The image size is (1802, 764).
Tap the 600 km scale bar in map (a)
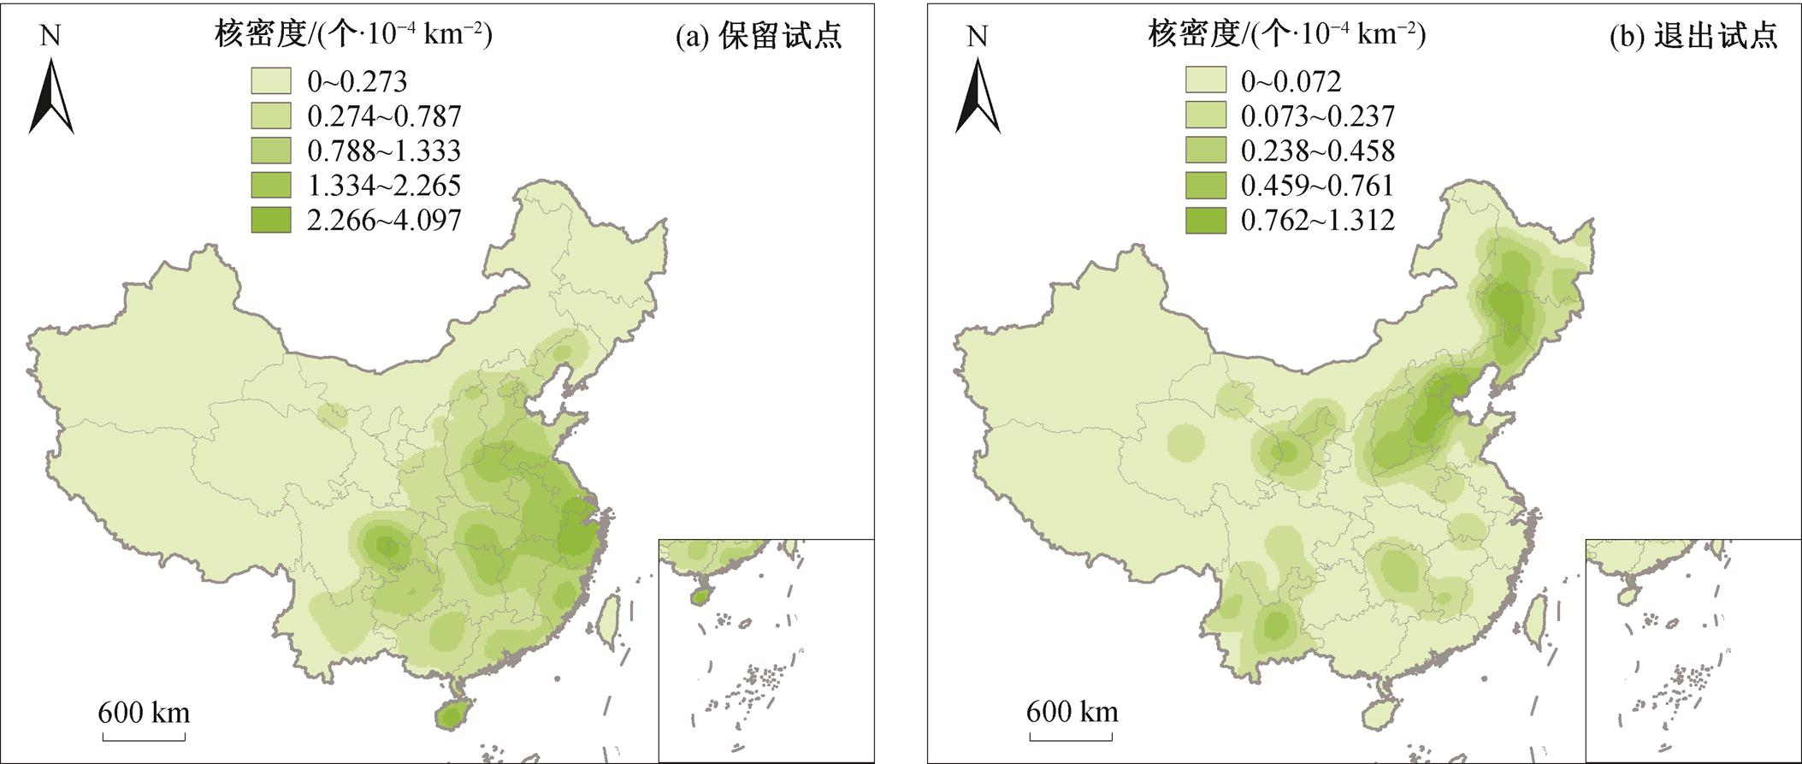[144, 735]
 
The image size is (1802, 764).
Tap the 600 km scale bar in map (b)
[1072, 735]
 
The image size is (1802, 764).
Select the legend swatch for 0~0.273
[270, 80]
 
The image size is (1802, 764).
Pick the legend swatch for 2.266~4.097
[270, 220]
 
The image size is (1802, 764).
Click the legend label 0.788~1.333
[384, 151]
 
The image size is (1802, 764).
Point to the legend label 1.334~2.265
[384, 186]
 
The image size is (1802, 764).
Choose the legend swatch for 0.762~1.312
[1205, 220]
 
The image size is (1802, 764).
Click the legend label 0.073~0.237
[1318, 115]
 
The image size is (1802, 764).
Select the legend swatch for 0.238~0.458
[1205, 151]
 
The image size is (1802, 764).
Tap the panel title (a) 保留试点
[759, 36]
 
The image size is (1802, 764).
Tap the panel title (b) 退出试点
[1693, 36]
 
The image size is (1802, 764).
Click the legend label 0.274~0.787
[384, 115]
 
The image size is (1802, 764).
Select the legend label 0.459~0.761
[1318, 186]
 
